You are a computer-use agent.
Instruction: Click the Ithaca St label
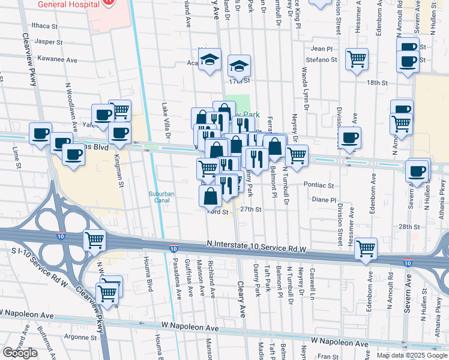click(x=45, y=26)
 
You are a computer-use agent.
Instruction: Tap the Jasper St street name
click(x=49, y=43)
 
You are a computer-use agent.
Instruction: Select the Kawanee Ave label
click(x=57, y=60)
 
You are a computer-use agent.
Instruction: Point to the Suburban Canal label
click(x=161, y=197)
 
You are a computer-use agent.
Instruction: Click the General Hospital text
click(x=67, y=4)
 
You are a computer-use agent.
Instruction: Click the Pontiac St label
click(x=318, y=185)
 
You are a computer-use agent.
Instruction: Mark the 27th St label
click(x=251, y=209)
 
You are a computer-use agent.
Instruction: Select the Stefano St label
click(x=324, y=60)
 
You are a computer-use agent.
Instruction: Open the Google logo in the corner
click(x=20, y=353)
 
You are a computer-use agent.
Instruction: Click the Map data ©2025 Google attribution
click(x=411, y=355)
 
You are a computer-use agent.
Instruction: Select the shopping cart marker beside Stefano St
click(x=357, y=59)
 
